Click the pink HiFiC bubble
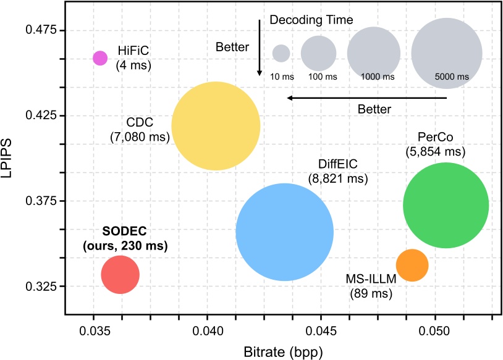click(100, 57)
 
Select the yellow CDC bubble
click(215, 126)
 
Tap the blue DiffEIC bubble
click(284, 232)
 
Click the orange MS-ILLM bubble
click(412, 265)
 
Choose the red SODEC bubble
click(120, 275)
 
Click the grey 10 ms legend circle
click(281, 53)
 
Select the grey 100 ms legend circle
click(318, 53)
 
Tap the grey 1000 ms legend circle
click(374, 54)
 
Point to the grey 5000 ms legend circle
click(447, 53)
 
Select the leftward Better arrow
click(340, 98)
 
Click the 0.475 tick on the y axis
click(40, 30)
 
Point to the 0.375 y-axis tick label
click(40, 201)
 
